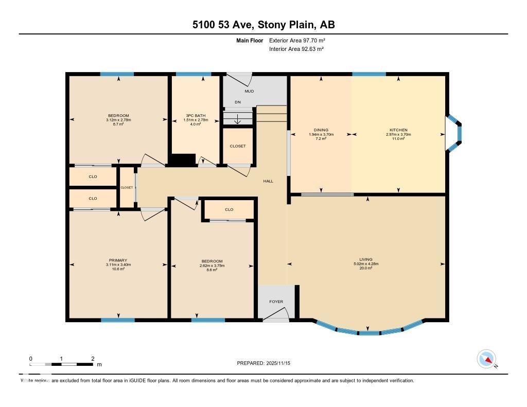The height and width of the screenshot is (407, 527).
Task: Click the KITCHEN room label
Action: click(398, 130)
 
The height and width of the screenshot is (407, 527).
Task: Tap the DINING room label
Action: click(321, 130)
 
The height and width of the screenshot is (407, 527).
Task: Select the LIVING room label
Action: click(366, 260)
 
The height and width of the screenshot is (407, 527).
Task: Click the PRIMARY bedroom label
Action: click(118, 260)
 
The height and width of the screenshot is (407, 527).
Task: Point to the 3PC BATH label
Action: click(196, 115)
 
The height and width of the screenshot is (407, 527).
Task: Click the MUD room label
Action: click(249, 91)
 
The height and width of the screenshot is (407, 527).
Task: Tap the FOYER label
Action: click(276, 302)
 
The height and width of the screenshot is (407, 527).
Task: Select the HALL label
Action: click(268, 181)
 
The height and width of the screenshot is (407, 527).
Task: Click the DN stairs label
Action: click(238, 102)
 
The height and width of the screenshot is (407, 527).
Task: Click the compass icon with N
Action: click(486, 359)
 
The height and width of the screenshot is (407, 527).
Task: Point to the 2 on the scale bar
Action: click(93, 359)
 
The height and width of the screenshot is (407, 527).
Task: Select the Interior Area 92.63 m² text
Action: click(296, 49)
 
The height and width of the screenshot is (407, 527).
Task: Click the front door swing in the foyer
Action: click(276, 315)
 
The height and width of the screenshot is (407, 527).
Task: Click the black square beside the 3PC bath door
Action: click(183, 160)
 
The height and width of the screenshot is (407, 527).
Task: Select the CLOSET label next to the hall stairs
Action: click(237, 146)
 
